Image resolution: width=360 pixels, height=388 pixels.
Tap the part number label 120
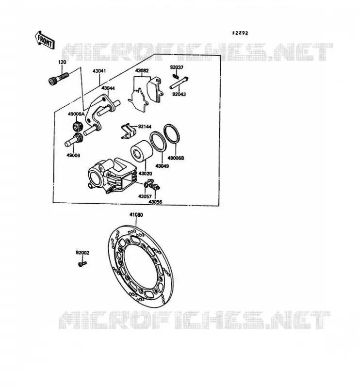pos(62,63)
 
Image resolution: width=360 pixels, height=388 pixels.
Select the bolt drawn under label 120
pos(58,79)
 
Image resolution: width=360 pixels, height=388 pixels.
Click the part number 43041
pos(99,71)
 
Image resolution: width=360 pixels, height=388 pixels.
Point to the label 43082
pos(142,71)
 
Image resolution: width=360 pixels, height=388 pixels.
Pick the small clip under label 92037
pos(176,74)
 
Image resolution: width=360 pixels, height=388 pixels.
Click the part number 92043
pos(179,94)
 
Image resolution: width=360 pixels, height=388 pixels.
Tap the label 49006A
pos(76,114)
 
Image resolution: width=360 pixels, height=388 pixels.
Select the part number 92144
pos(145,127)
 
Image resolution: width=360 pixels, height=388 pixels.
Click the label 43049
pos(162,166)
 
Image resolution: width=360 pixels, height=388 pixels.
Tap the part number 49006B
pos(176,158)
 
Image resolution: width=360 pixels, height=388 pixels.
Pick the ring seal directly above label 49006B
pos(172,134)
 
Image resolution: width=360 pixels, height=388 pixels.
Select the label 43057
pos(145,196)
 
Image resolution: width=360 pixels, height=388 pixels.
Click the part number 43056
pos(155,202)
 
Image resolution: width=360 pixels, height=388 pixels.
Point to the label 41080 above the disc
pos(136,215)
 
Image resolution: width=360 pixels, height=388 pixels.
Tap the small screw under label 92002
pos(82,264)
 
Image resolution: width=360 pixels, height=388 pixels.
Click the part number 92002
pos(82,253)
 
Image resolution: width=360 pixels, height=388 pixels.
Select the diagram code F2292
pos(240,33)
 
